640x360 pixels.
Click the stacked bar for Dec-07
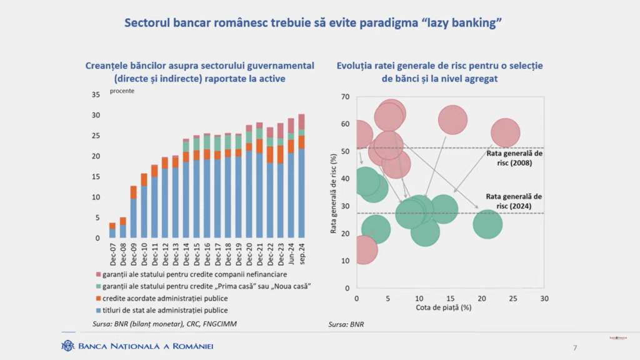click(x=112, y=231)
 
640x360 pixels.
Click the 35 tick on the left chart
click(x=96, y=95)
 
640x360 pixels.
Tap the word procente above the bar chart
click(x=122, y=91)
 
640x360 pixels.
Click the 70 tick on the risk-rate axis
click(x=345, y=97)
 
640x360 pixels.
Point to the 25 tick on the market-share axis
click(x=513, y=299)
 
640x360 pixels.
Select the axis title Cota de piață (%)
click(x=443, y=307)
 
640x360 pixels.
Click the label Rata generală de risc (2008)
click(x=514, y=157)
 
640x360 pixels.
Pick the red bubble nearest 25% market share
click(x=505, y=132)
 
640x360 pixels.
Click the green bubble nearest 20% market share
click(x=487, y=224)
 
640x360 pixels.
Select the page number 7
click(x=575, y=347)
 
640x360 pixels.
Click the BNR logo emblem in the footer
click(x=67, y=346)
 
